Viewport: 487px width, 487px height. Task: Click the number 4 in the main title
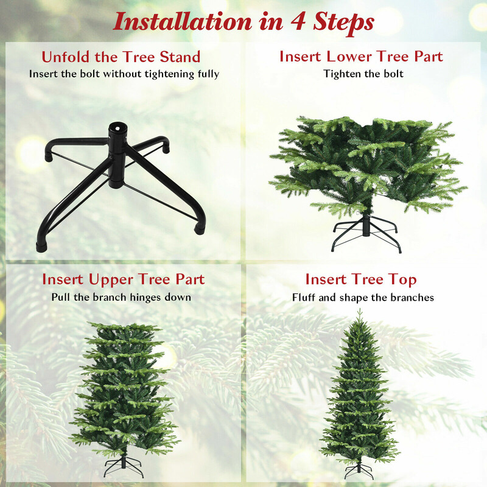tap(298, 22)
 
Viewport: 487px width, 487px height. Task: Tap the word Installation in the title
tap(183, 21)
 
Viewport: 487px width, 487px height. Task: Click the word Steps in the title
tap(343, 23)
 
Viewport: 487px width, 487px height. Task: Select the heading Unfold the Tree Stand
tap(121, 57)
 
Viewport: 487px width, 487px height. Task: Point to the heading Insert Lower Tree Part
tap(361, 57)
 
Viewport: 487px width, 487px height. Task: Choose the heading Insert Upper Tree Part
tap(124, 279)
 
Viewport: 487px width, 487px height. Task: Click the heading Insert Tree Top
tap(361, 279)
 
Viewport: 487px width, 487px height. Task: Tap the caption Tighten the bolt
tap(363, 74)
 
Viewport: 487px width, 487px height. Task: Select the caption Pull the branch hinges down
tap(121, 297)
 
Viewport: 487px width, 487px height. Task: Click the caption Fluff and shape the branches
tap(363, 298)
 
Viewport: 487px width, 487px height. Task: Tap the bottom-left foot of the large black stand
tap(41, 247)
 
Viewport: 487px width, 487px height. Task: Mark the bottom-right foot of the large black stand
tap(200, 229)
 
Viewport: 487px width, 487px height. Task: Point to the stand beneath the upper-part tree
tap(124, 466)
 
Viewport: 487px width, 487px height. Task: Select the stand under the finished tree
tap(359, 470)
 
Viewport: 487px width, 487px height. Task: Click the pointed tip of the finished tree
tap(359, 310)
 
